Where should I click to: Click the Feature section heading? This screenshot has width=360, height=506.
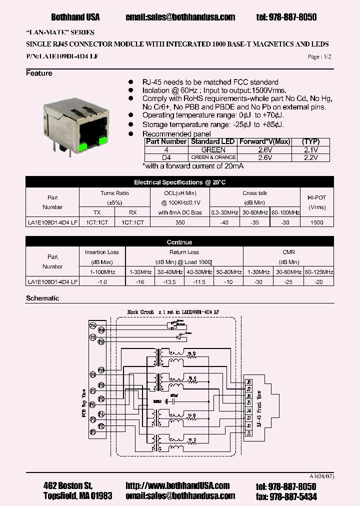point(39,73)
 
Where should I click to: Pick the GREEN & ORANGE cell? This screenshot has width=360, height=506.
point(213,158)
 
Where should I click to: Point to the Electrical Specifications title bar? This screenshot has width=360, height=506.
point(179,182)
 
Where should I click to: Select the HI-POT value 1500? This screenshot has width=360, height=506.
point(316,222)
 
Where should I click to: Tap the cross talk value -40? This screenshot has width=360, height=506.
point(225,222)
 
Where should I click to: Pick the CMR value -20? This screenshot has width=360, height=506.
point(318,282)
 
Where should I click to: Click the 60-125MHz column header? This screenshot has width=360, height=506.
point(318,272)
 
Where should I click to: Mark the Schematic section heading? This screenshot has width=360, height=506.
point(42,298)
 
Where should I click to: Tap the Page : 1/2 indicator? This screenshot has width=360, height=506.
point(319,57)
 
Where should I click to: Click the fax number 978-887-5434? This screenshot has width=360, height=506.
point(293,496)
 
